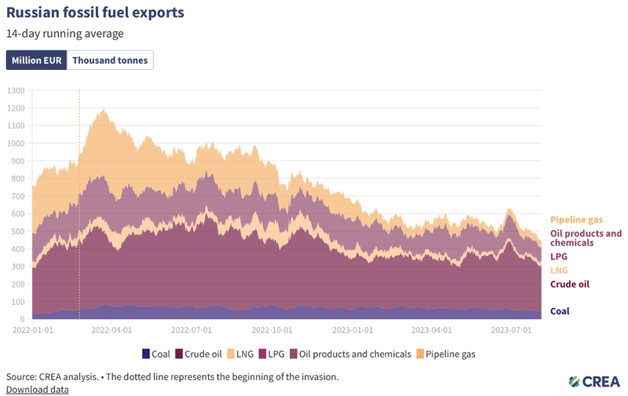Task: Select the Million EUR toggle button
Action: point(36,60)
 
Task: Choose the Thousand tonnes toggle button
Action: point(110,60)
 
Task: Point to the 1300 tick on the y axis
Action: point(16,90)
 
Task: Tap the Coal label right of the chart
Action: point(560,310)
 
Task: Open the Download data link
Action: point(37,389)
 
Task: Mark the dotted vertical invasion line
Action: point(79,204)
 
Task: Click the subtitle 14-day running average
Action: point(64,34)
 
